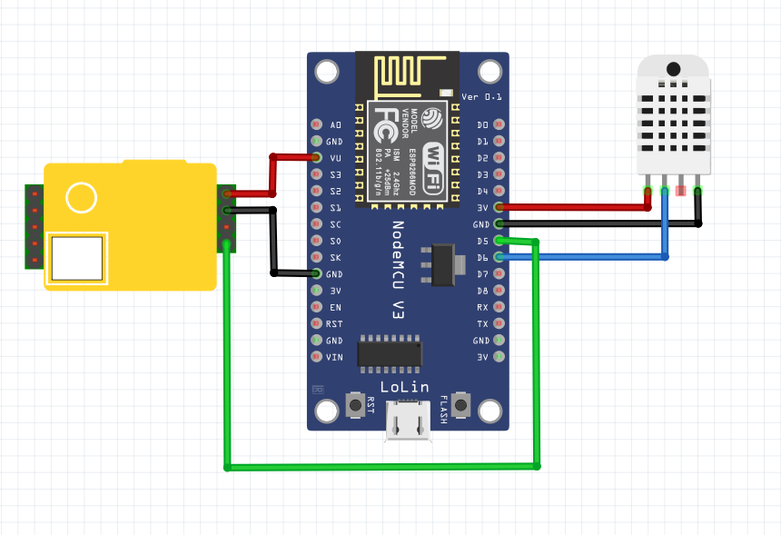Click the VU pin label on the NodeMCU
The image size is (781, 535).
[335, 158]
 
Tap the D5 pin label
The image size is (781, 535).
[481, 241]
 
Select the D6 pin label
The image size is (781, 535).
[481, 257]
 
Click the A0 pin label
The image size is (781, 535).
[335, 124]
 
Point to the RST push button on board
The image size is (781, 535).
[354, 404]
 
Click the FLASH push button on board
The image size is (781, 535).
[461, 404]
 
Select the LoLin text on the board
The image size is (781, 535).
[405, 387]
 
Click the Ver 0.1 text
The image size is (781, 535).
[481, 97]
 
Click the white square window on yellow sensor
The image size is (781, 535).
[77, 259]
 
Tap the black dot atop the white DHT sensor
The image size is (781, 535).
[673, 69]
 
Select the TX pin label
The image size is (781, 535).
[482, 323]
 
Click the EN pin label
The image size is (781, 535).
[335, 307]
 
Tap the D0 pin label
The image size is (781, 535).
[482, 124]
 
